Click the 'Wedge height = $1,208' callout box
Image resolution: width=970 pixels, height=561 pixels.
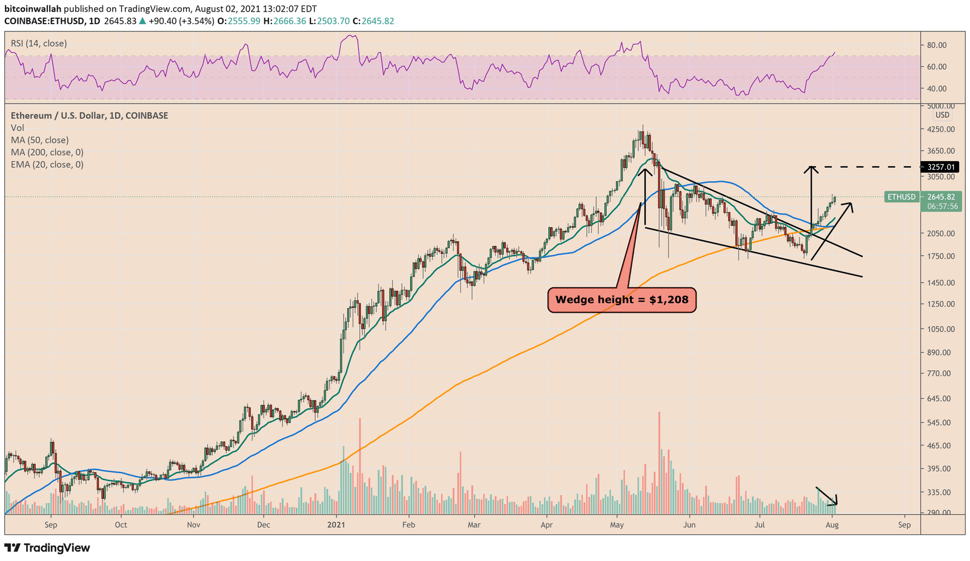point(622,299)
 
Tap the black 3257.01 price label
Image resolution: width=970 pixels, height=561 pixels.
point(940,167)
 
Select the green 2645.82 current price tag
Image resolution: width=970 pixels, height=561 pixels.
point(940,197)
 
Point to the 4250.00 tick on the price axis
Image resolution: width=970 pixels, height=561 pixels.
point(942,129)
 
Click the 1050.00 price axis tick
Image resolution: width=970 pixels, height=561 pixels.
point(942,329)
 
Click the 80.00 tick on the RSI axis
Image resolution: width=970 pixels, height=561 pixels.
point(937,45)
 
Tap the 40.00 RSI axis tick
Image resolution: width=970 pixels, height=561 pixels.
point(937,88)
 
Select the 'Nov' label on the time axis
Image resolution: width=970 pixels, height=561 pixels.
point(193,525)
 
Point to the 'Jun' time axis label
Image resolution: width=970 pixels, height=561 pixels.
point(689,525)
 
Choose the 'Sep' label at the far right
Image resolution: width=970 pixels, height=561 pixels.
point(905,525)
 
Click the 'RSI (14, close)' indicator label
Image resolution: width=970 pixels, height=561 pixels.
point(39,44)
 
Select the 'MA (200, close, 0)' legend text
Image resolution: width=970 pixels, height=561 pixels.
point(47,152)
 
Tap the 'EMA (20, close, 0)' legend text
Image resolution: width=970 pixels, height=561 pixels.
point(47,164)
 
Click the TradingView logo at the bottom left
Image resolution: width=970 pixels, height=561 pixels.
point(47,548)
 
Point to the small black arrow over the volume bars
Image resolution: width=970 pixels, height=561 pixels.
point(827,496)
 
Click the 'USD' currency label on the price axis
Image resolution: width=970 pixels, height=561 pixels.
point(942,115)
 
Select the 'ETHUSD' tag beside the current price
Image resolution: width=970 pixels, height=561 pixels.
point(901,197)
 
